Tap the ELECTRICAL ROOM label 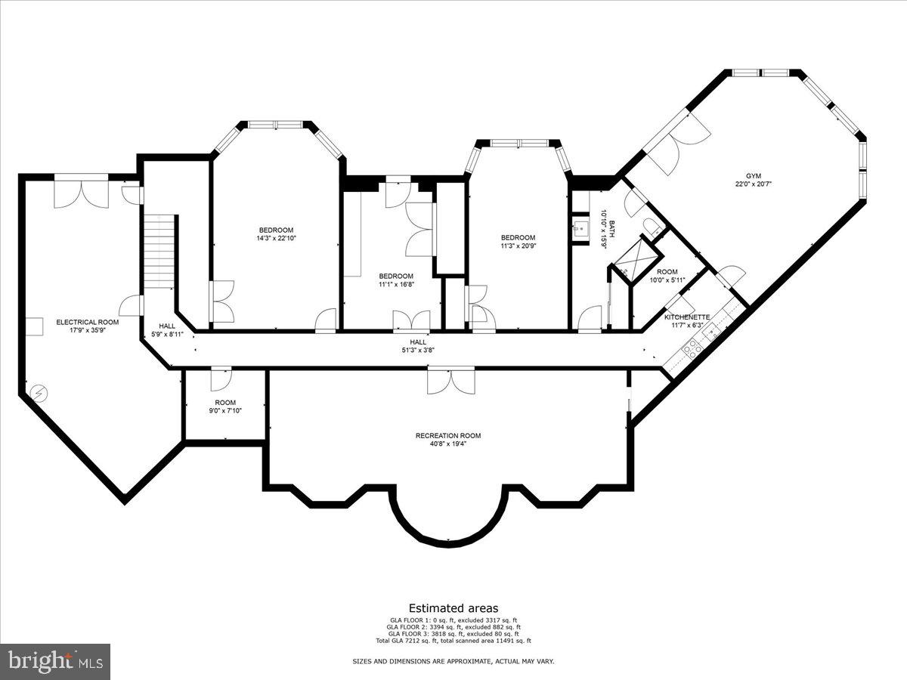click(87, 322)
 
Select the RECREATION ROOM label click(448, 435)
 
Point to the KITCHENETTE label click(687, 317)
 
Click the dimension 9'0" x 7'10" click(225, 411)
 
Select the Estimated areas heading click(453, 607)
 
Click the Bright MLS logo click(55, 662)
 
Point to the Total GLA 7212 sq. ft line click(453, 641)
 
